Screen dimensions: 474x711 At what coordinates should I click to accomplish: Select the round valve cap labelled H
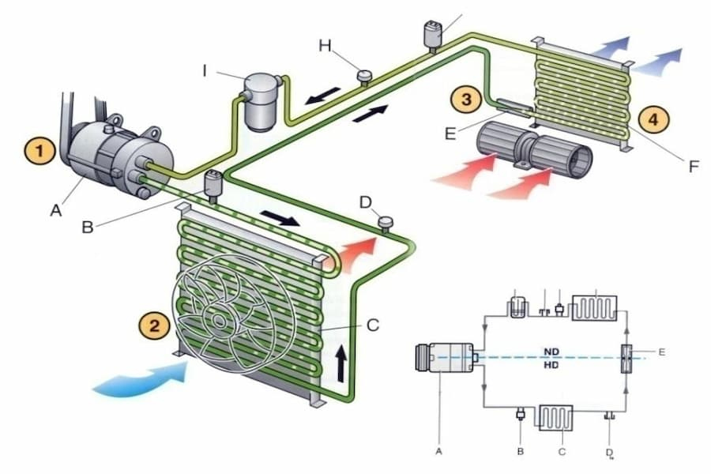click(x=365, y=77)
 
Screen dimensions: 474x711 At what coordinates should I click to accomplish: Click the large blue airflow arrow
click(x=142, y=378)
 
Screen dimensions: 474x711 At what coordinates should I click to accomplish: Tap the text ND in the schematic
click(x=553, y=352)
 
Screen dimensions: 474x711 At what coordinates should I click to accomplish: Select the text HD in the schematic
click(x=553, y=366)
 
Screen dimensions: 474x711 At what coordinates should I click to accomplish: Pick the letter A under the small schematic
click(x=438, y=450)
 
